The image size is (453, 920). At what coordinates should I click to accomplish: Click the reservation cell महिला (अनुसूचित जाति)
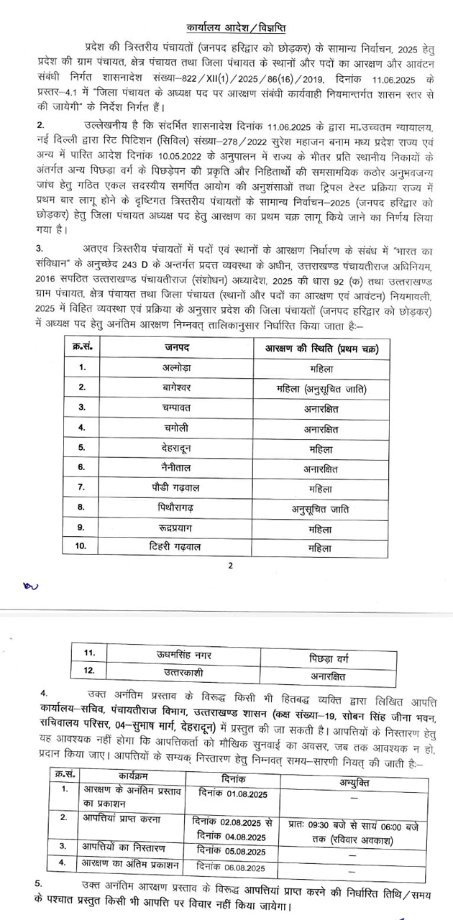pos(321,388)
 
